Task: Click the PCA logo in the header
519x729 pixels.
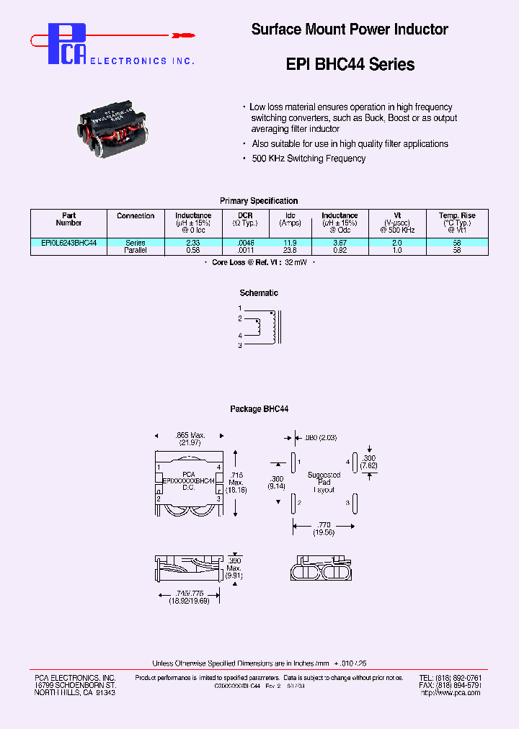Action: (x=67, y=44)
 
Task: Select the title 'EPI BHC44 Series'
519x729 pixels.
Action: (x=350, y=65)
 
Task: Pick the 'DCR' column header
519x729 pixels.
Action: (x=246, y=215)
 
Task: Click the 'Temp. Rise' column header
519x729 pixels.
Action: (x=457, y=215)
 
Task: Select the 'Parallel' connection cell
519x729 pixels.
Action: (x=136, y=251)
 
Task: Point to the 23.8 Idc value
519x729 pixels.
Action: (x=290, y=251)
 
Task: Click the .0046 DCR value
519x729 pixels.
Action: (x=246, y=243)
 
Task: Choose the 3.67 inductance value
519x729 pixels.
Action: (x=340, y=243)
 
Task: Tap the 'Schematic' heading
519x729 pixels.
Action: (x=259, y=293)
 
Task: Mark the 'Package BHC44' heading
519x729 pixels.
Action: (x=259, y=409)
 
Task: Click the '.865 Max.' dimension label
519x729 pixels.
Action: (x=190, y=435)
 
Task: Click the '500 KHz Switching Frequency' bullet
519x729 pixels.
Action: (x=309, y=158)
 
